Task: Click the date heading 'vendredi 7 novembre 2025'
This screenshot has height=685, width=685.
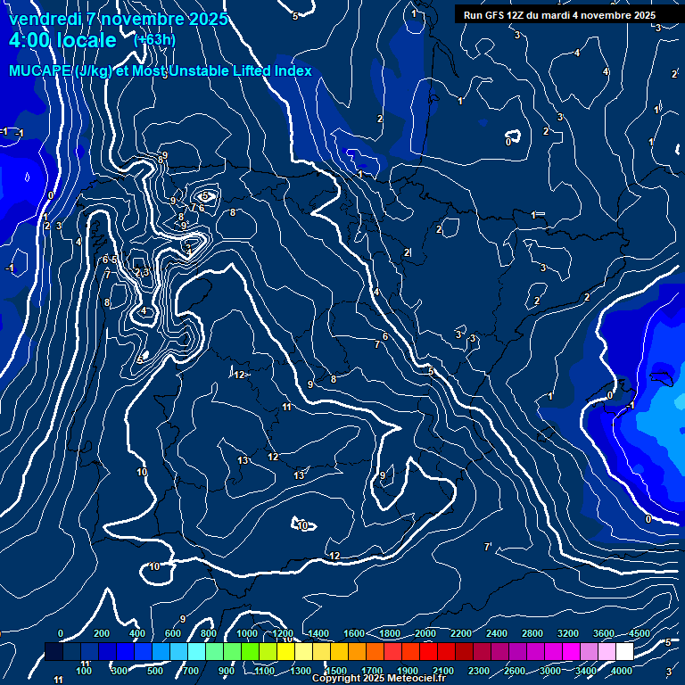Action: coord(119,19)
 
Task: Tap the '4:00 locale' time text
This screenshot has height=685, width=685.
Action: coord(62,40)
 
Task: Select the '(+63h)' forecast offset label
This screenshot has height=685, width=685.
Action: coord(154,39)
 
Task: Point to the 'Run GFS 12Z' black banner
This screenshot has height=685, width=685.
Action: coord(559,15)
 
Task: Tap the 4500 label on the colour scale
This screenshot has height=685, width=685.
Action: coord(640,633)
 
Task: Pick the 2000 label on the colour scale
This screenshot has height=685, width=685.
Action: coord(425,633)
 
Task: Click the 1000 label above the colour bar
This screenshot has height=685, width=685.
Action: coord(247,633)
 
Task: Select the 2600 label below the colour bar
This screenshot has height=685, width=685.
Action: coord(515,671)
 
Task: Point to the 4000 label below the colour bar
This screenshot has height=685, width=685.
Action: coord(622,671)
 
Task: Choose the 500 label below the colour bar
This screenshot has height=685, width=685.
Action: coord(155,671)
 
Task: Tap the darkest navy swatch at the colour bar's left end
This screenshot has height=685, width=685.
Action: coord(54,652)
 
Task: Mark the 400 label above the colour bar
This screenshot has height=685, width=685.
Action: coord(137,633)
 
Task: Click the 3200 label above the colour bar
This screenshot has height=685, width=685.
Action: coord(568,633)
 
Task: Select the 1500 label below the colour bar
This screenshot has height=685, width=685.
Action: coord(336,671)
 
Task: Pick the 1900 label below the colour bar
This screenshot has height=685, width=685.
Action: coord(408,671)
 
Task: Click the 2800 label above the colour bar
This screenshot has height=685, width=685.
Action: coord(532,633)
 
